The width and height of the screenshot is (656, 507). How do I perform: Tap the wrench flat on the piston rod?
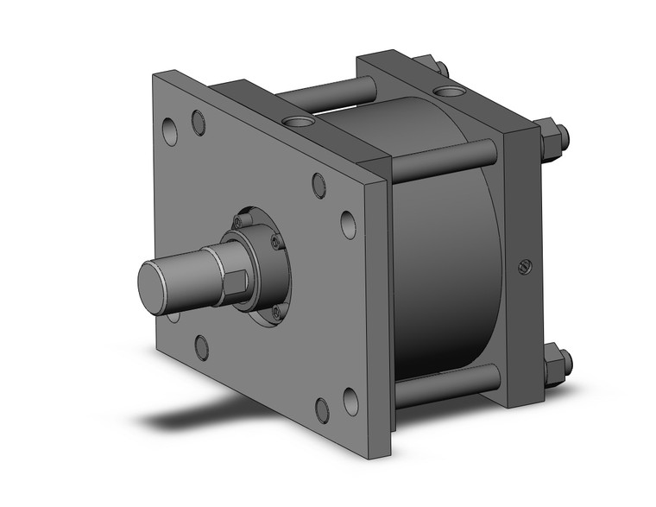240,282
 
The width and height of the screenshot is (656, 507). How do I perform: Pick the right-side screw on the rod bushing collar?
276,240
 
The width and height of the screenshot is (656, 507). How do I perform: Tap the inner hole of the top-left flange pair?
199,123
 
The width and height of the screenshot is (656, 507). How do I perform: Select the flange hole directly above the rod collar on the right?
319,184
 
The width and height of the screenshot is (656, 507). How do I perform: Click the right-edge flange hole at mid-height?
348,225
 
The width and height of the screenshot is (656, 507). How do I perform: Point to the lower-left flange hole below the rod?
201,347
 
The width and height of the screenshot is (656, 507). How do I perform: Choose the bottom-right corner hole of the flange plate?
350,401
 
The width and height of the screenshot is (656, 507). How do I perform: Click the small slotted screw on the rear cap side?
524,268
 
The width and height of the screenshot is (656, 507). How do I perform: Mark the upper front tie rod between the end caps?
442,162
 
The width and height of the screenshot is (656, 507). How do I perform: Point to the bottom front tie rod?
445,386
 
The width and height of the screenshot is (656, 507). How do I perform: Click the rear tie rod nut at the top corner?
432,66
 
